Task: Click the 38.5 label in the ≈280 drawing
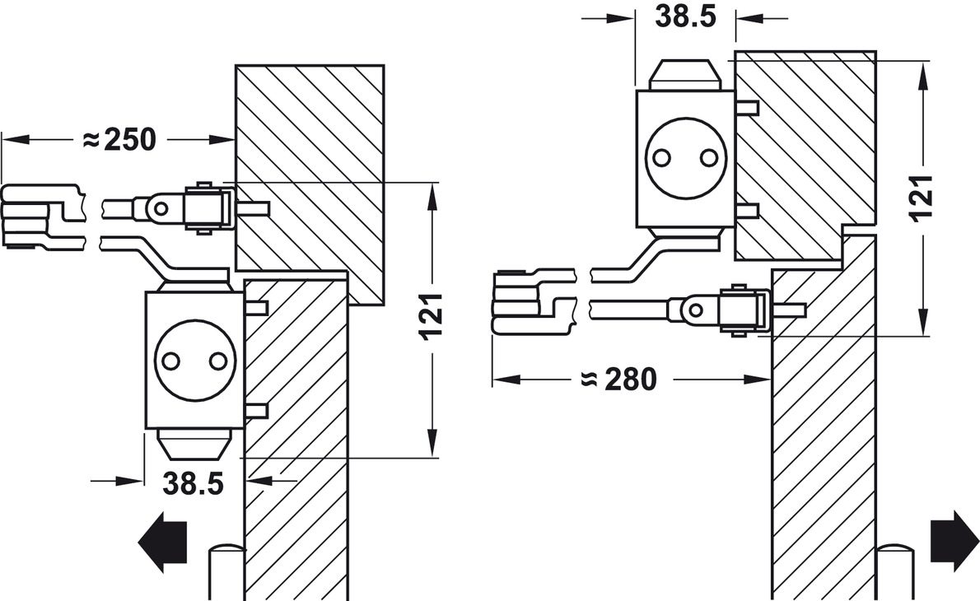click(x=685, y=17)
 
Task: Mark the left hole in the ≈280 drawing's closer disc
click(x=661, y=156)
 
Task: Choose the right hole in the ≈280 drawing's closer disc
click(x=707, y=156)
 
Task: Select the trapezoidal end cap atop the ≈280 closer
click(x=685, y=75)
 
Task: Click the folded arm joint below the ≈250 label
click(x=33, y=218)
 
